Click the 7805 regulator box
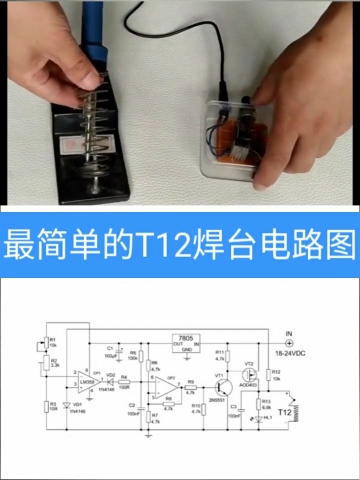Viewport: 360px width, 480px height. [x=186, y=343]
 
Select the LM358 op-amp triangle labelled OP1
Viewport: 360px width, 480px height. [x=87, y=382]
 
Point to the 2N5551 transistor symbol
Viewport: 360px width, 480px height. [x=222, y=387]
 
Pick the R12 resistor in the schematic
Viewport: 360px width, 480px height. [x=269, y=375]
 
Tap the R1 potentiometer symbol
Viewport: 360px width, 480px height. [x=46, y=342]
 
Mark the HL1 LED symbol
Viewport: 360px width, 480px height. [x=259, y=418]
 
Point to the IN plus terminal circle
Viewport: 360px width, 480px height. [x=288, y=343]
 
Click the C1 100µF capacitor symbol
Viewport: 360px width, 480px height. [x=120, y=347]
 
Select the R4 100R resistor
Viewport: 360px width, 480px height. [x=125, y=382]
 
